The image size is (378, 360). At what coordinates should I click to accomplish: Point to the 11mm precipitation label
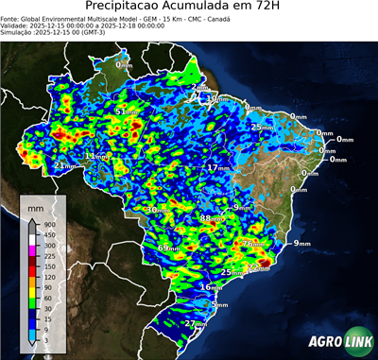point(96,156)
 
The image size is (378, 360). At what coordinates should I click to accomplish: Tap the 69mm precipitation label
point(168,248)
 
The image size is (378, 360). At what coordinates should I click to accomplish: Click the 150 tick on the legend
point(46,267)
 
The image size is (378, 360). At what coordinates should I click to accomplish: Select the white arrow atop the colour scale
point(32,219)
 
